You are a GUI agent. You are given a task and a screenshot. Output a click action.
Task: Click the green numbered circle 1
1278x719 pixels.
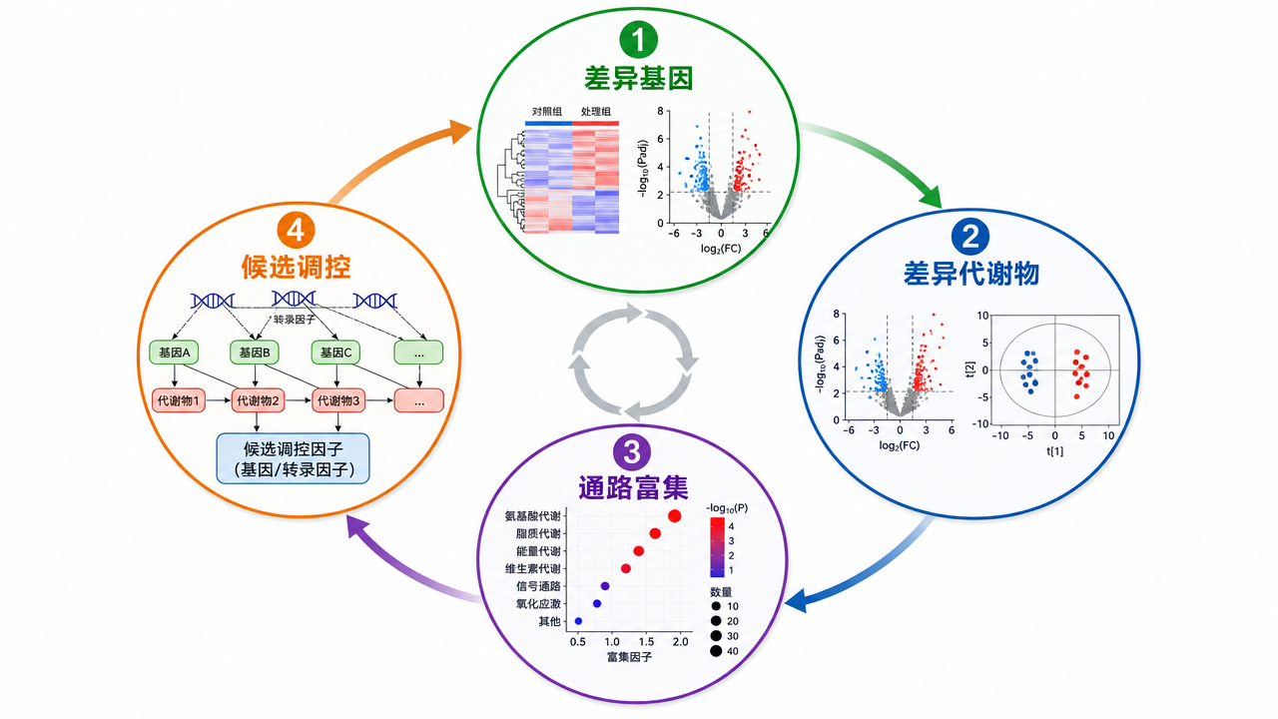point(638,39)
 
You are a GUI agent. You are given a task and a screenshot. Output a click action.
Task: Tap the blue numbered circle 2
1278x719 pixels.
point(970,237)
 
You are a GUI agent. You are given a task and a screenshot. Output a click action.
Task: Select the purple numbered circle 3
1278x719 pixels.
point(632,452)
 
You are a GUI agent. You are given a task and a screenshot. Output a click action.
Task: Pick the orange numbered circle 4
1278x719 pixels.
point(297,231)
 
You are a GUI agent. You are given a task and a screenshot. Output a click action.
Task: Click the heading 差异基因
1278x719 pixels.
point(638,79)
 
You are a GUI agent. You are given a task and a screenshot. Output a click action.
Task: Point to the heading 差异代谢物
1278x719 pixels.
point(971,274)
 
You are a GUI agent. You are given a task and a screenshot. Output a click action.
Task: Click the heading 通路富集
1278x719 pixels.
point(633,487)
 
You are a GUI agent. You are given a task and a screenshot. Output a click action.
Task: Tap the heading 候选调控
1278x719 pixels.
point(297,267)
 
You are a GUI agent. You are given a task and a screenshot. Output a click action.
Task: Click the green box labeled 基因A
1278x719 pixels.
point(174,353)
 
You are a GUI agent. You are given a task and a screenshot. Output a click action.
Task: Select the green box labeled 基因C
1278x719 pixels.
point(336,353)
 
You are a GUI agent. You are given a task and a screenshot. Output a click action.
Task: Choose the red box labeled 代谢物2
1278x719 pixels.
point(258,400)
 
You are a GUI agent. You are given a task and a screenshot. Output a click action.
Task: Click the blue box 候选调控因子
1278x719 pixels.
point(294,458)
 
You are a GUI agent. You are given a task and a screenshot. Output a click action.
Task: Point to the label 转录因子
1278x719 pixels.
point(295,320)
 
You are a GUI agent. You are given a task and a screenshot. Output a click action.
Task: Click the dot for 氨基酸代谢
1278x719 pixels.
point(674,516)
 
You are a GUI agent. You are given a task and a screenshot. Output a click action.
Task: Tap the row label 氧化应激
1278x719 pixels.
point(538,604)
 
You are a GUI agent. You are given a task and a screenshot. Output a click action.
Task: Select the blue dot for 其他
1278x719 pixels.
point(578,621)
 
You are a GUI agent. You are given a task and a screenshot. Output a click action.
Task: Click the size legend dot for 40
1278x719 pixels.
point(716,651)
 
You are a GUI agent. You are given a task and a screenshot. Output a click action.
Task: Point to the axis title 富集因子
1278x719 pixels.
point(629,657)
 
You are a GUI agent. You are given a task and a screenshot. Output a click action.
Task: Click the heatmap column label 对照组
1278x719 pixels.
point(547,112)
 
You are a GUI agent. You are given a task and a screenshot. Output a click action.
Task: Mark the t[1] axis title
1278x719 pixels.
point(1055,451)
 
